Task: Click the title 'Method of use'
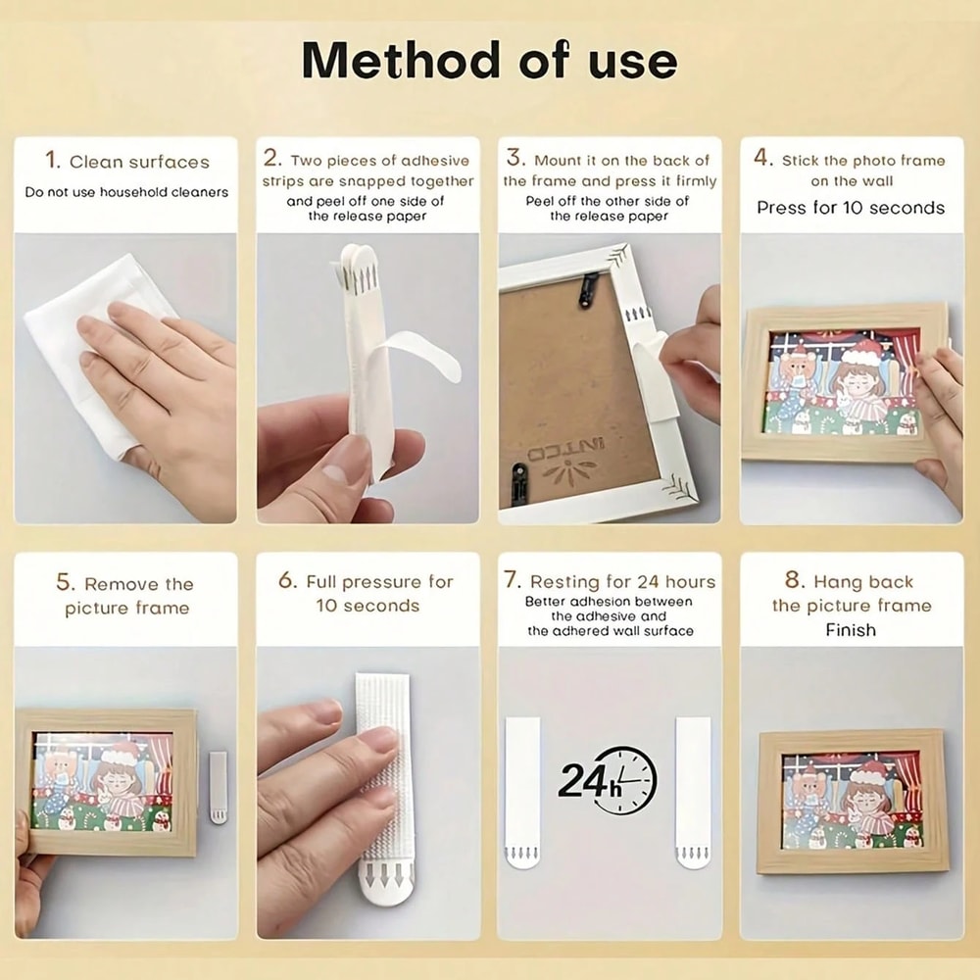click(489, 61)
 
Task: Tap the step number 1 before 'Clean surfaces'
click(53, 161)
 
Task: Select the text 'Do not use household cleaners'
click(126, 192)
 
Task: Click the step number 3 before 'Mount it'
click(514, 159)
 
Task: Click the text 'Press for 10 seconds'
click(850, 208)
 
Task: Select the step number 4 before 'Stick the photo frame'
click(762, 159)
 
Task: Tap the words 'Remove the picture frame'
click(125, 596)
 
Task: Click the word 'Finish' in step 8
click(850, 630)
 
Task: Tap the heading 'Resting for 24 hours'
click(610, 581)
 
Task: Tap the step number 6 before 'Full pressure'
click(287, 580)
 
